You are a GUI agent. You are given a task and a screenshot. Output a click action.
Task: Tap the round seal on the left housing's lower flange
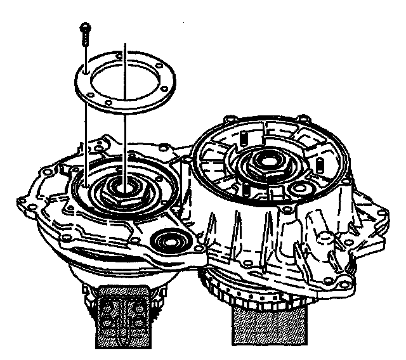click(169, 241)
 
